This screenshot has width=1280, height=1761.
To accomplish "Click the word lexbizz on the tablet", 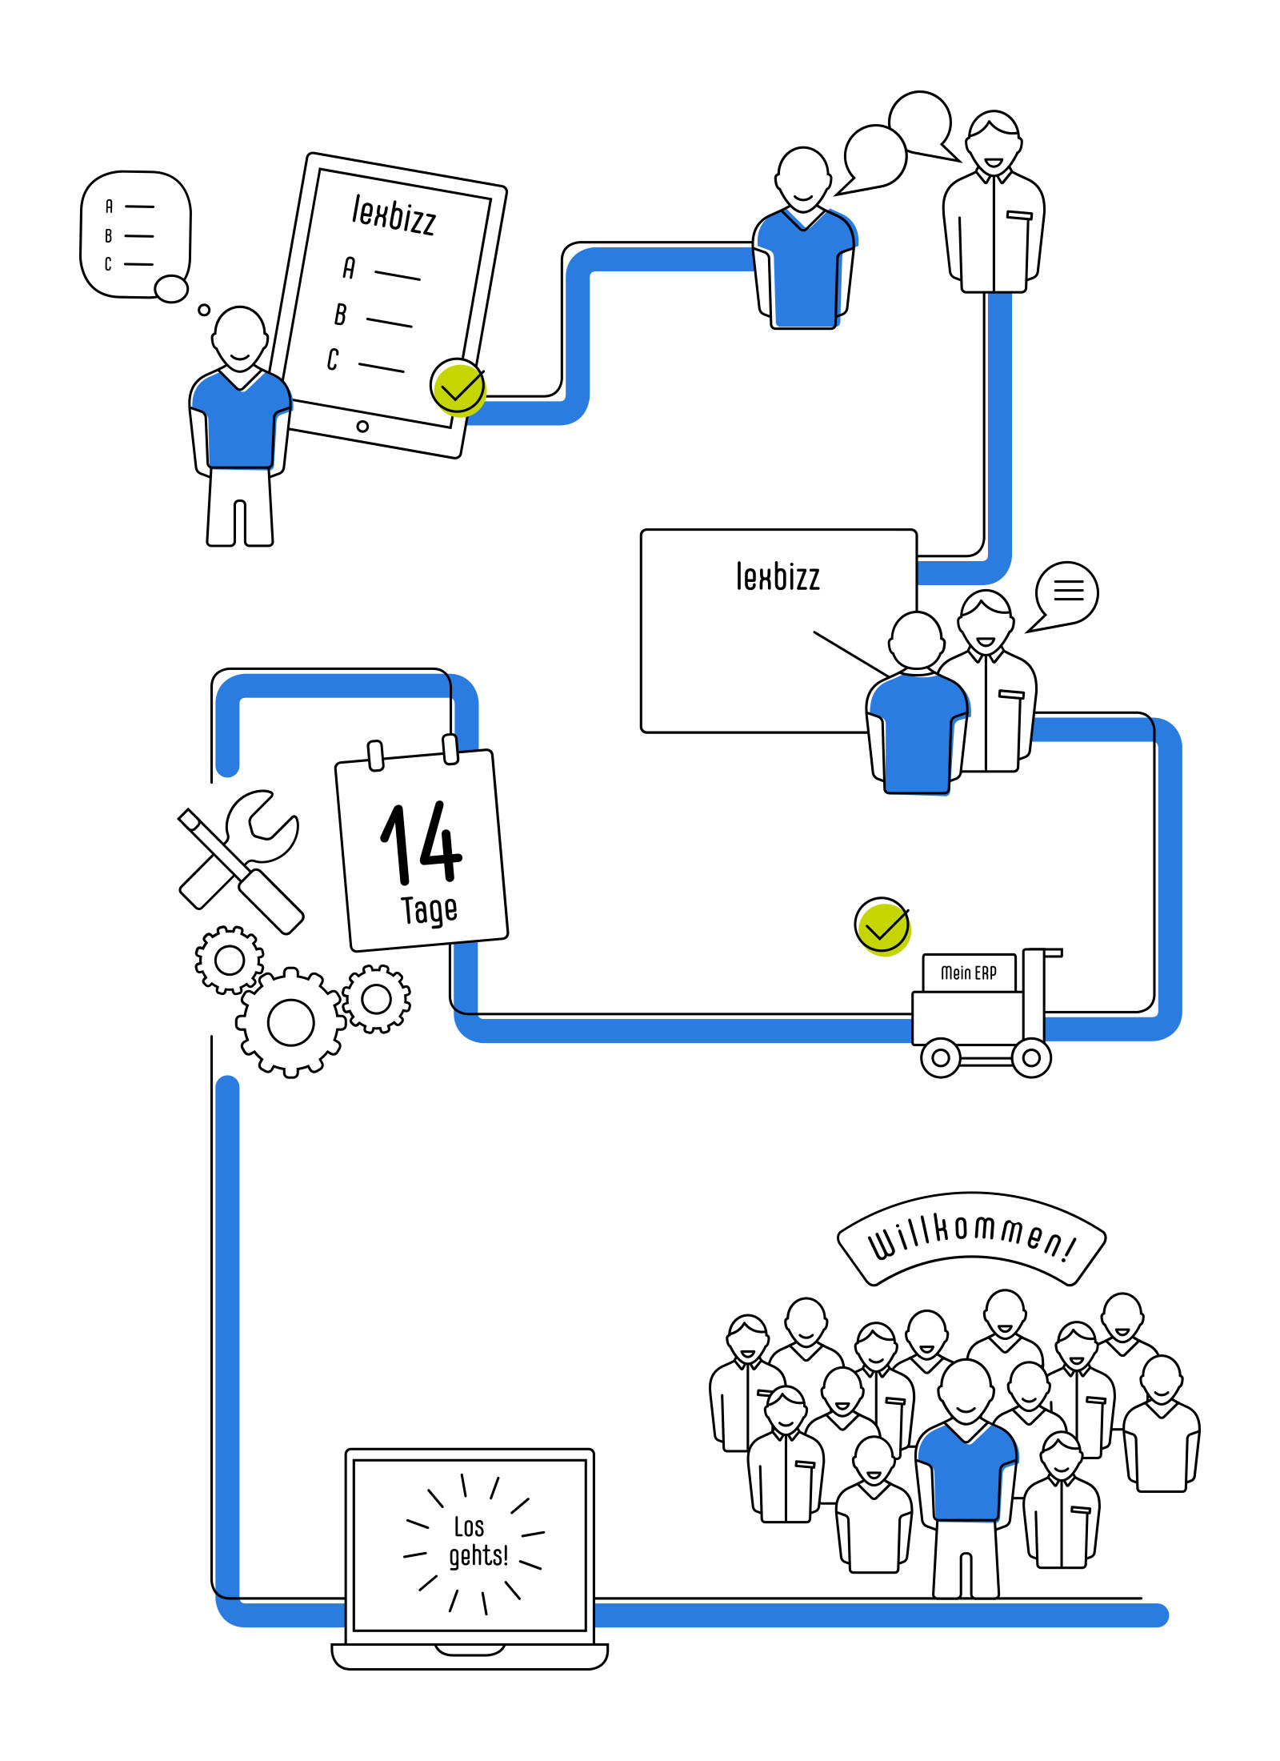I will point(394,215).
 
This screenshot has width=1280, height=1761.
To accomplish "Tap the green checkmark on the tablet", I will point(458,387).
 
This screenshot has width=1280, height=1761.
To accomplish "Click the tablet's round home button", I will point(362,426).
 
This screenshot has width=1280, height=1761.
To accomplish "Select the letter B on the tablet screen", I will point(341,315).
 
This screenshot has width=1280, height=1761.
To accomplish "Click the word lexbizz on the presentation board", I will point(778,577).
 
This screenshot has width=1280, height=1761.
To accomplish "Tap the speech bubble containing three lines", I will point(1066,592).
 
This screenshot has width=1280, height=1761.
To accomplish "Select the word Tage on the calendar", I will point(430,910).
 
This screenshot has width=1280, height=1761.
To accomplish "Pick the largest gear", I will point(291,1022).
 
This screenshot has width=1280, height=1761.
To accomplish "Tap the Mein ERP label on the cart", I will point(969,973).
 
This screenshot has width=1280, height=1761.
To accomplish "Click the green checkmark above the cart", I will point(882,926).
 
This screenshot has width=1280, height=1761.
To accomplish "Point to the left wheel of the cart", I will point(941,1057).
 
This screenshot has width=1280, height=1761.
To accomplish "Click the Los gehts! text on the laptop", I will point(478,1542).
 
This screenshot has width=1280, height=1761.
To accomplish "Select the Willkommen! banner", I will point(971,1239).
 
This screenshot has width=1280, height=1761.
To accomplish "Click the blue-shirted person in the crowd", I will point(966,1473).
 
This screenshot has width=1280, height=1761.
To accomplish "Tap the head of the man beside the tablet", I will point(239,337).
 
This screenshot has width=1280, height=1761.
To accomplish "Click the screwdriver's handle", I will point(272,902).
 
